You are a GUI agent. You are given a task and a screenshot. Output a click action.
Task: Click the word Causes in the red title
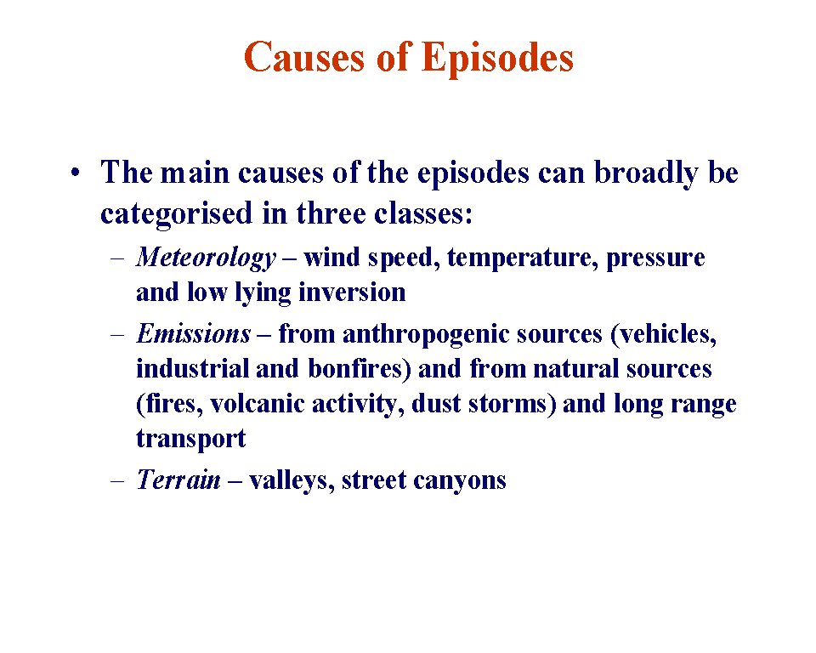pyautogui.click(x=304, y=57)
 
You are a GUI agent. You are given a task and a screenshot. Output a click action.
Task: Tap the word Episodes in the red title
pyautogui.click(x=497, y=59)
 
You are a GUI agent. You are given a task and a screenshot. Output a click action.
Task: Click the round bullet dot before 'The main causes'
pyautogui.click(x=76, y=172)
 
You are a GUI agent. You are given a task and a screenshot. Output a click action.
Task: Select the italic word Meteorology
pyautogui.click(x=206, y=258)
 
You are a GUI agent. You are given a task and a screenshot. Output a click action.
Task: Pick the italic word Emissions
pyautogui.click(x=194, y=333)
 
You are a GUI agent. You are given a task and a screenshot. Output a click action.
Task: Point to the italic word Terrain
pyautogui.click(x=178, y=479)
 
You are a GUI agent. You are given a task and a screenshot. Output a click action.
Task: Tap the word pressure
pyautogui.click(x=655, y=258)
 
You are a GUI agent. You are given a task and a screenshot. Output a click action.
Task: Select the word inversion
pyautogui.click(x=352, y=292)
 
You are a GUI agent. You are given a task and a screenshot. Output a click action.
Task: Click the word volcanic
pyautogui.click(x=257, y=404)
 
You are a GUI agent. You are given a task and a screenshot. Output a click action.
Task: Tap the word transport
pyautogui.click(x=190, y=439)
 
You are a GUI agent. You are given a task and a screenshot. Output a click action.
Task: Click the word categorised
pyautogui.click(x=177, y=214)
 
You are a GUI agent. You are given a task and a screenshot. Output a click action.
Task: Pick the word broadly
pyautogui.click(x=646, y=173)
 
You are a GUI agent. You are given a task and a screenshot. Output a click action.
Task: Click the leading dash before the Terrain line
pyautogui.click(x=117, y=480)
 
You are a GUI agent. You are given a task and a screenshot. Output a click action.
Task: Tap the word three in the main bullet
pyautogui.click(x=331, y=213)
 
